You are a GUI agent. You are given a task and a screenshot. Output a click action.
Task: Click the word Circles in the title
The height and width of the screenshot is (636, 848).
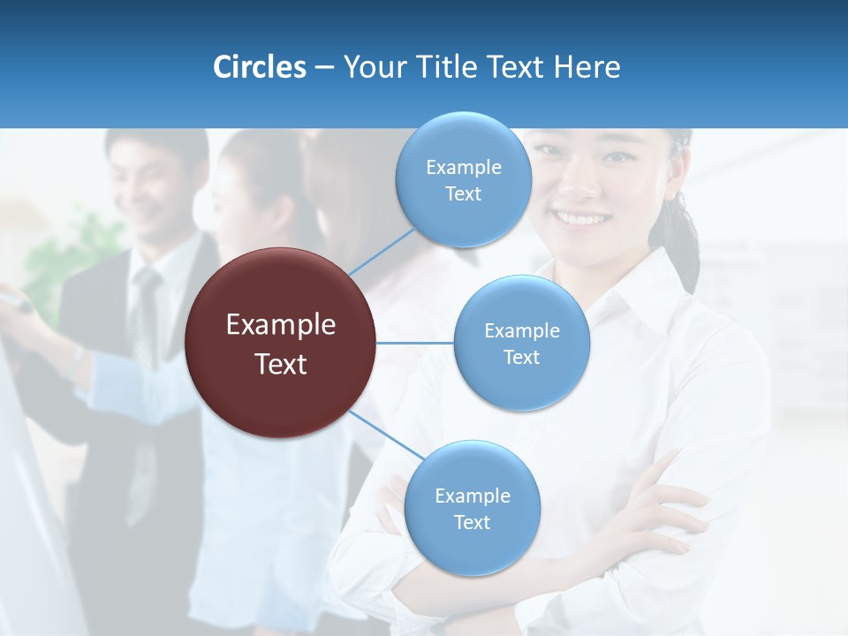[259, 67]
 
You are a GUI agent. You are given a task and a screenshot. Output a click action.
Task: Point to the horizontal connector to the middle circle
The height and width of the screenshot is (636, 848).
[415, 343]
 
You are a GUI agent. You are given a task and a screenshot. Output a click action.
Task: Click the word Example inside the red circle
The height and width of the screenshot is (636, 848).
[281, 325]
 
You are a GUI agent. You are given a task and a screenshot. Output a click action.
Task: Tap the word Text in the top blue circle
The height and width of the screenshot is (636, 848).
[463, 194]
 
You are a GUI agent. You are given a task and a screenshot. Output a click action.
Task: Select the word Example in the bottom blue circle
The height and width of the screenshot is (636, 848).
[472, 496]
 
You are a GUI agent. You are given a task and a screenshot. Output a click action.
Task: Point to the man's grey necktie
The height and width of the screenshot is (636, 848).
[144, 318]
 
